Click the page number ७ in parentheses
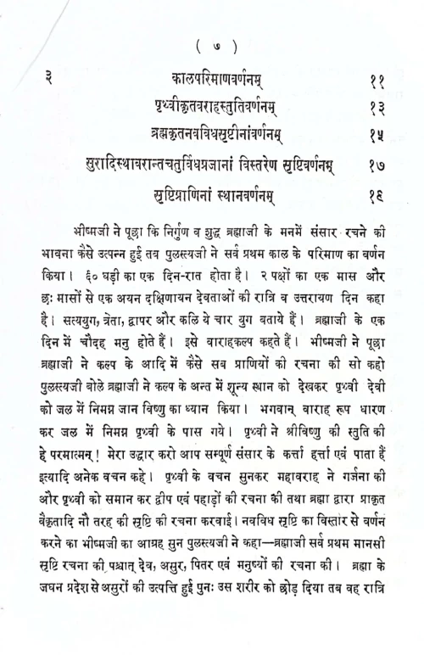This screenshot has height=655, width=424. point(211,45)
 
